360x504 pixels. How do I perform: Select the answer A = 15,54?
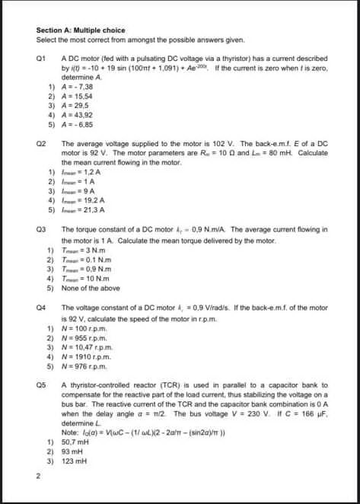point(79,97)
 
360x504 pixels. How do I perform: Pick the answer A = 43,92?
point(79,115)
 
